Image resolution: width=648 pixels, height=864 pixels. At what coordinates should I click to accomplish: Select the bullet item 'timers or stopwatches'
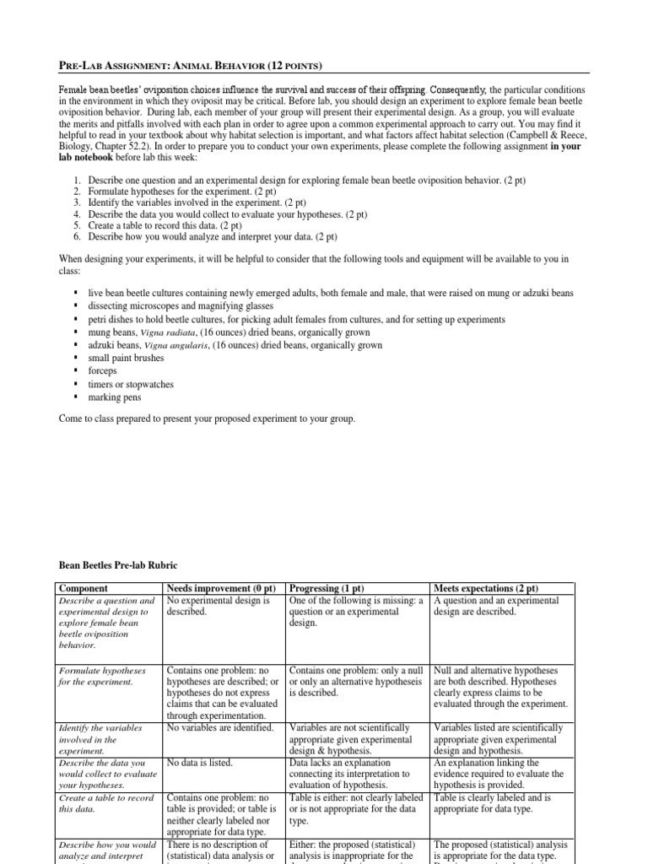coord(131,384)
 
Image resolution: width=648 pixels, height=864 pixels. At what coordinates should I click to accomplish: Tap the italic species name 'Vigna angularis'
coord(177,345)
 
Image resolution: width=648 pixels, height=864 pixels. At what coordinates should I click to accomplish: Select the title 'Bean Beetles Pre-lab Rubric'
coord(117,564)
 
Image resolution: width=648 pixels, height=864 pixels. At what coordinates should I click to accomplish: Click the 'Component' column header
coord(83,588)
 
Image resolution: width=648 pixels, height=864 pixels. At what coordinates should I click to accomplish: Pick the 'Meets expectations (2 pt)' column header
coord(485,588)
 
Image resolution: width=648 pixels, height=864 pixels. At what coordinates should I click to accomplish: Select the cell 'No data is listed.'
coord(200,762)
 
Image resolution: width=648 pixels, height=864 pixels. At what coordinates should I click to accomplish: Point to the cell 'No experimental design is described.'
coord(219,606)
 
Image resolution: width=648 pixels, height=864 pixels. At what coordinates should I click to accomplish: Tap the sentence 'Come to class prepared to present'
coord(207,418)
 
